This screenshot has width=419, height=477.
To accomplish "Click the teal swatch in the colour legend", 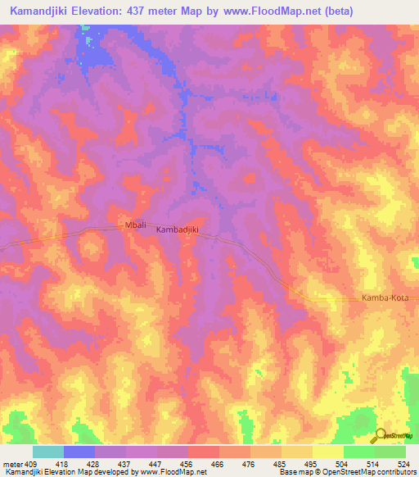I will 48,452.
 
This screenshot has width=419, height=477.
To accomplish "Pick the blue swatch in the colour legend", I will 79,452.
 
